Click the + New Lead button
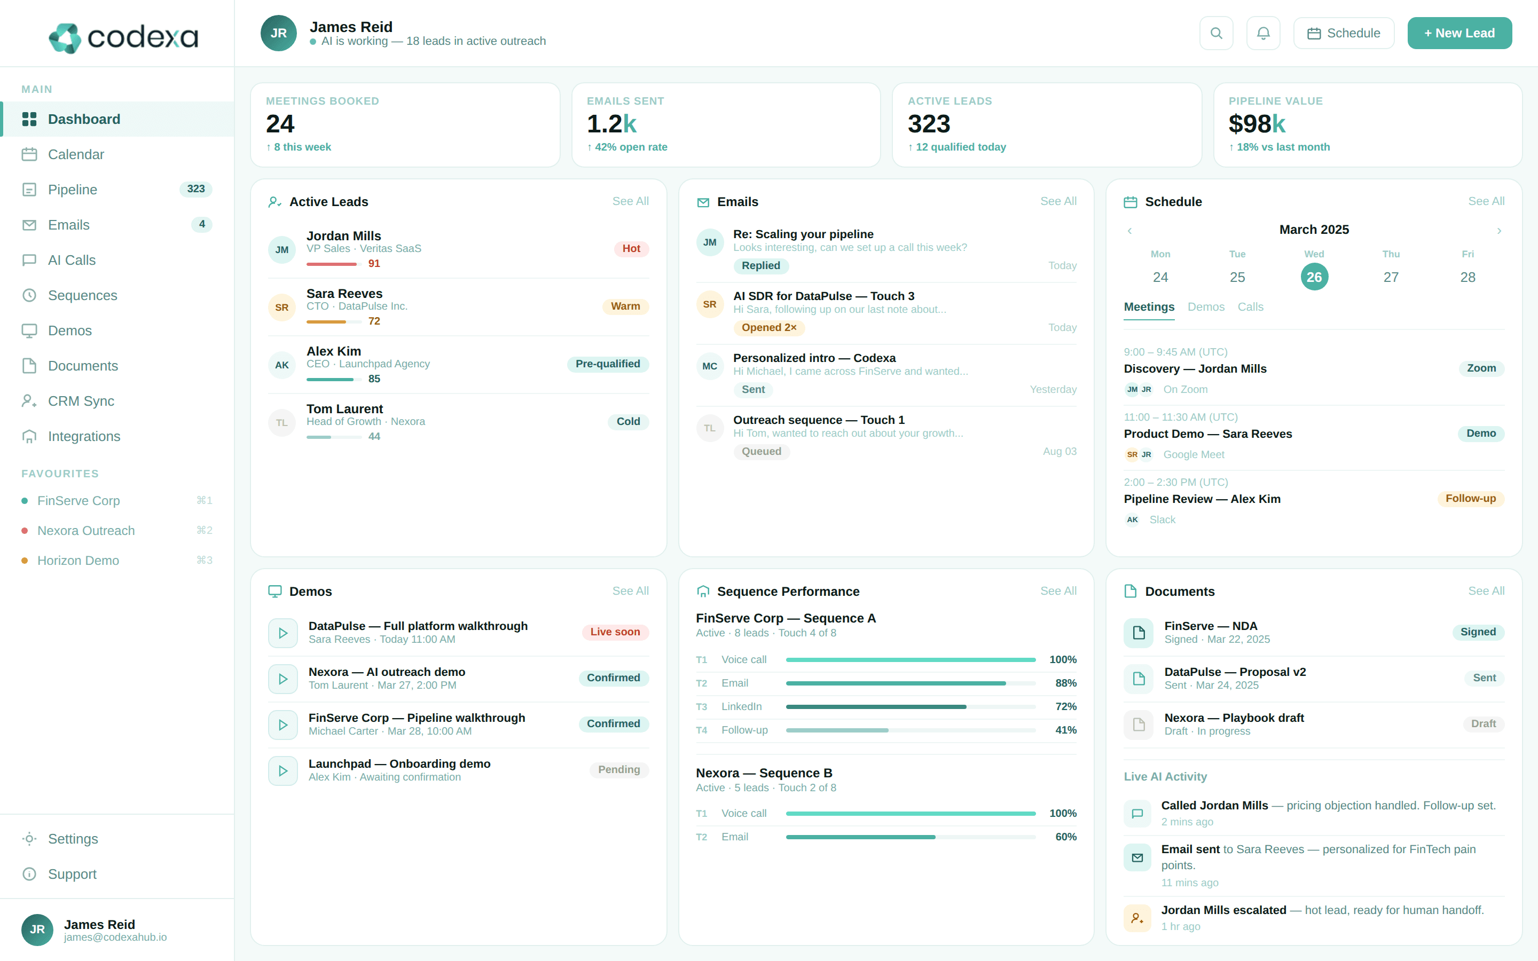coord(1459,33)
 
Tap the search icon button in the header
coord(1216,33)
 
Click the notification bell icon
coord(1263,33)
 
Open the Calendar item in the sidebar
coord(76,154)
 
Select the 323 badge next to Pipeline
coord(196,189)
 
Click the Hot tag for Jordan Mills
coord(631,248)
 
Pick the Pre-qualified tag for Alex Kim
coord(607,364)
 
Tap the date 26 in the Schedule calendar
coord(1314,277)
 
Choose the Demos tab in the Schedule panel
coord(1206,307)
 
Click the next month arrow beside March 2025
coord(1498,231)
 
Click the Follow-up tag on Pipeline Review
coord(1470,498)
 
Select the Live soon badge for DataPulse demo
coord(615,632)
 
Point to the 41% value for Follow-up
coord(1066,730)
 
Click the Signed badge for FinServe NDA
coord(1478,632)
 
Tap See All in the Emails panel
coord(1058,201)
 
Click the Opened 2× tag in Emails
coord(768,327)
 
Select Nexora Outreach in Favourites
coord(86,531)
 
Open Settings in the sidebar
coord(73,839)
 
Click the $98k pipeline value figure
coord(1257,124)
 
